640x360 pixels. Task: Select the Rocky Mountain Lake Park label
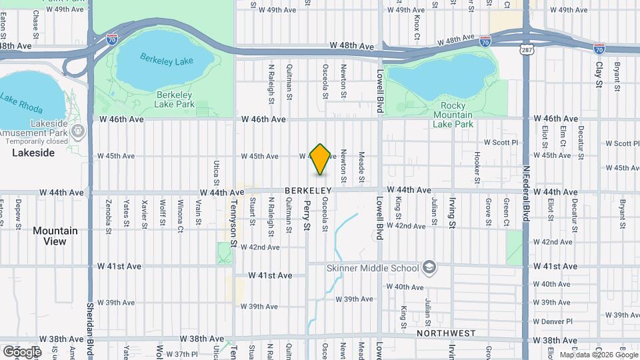453,115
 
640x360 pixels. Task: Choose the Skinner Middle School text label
372,269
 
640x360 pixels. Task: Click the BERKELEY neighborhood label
308,191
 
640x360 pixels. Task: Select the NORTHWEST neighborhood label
446,333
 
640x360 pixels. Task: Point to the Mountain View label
55,236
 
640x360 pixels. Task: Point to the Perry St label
307,217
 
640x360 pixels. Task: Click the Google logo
21,351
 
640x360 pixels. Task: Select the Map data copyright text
598,355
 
